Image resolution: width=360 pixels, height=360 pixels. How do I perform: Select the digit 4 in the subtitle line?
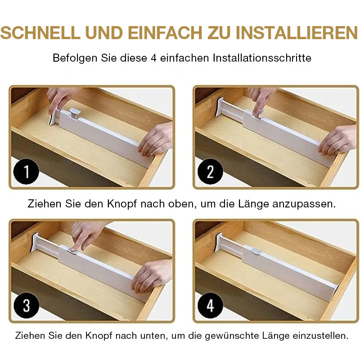click(x=154, y=58)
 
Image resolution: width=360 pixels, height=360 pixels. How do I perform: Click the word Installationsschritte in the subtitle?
click(x=262, y=58)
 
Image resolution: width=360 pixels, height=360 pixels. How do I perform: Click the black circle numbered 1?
click(x=27, y=172)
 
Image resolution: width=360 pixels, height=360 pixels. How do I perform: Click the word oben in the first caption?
click(x=180, y=204)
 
